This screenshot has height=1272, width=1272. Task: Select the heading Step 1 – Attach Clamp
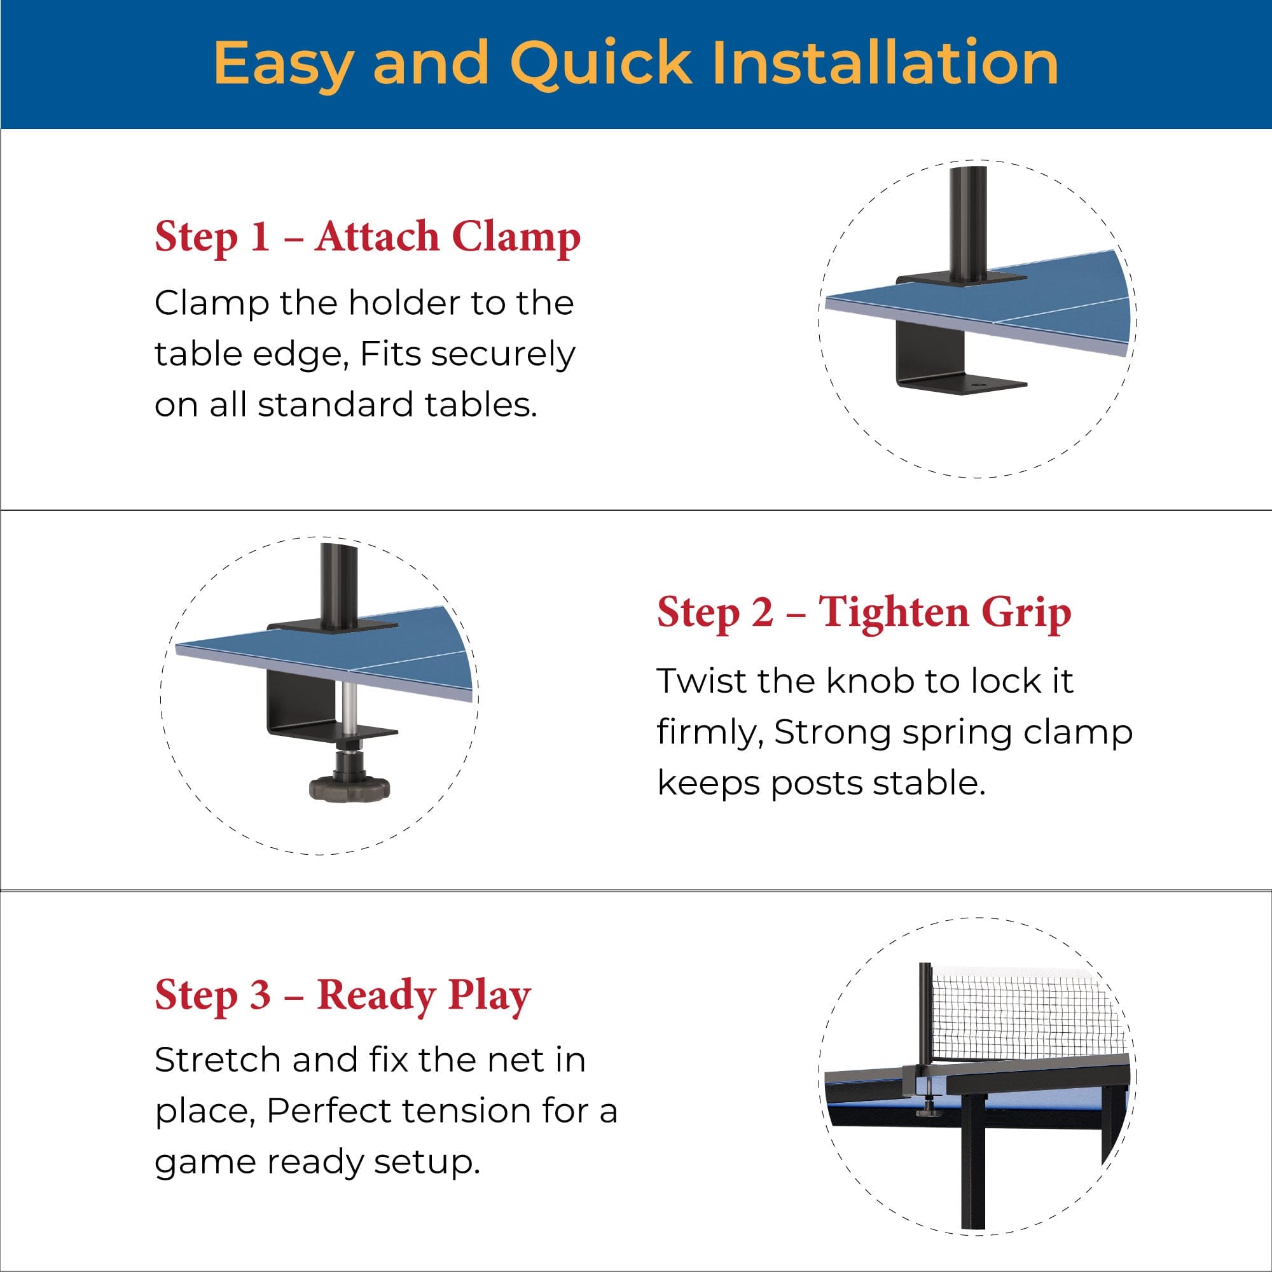368,237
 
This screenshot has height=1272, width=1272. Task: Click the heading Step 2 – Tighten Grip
864,613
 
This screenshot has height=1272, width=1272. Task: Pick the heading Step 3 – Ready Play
342,995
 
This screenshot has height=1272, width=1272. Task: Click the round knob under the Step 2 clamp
349,786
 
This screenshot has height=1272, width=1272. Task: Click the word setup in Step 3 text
427,1163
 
